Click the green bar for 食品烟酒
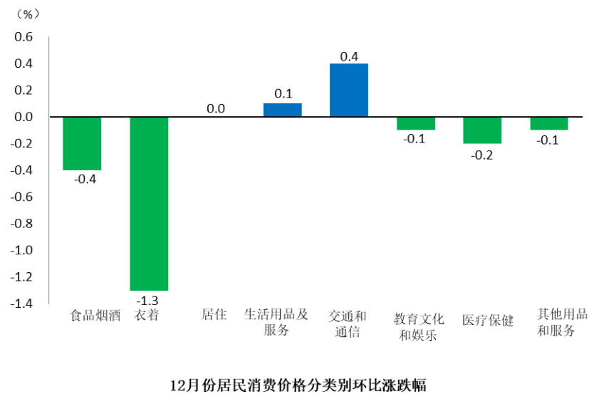coord(82,143)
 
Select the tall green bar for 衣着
coord(149,203)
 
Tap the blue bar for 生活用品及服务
coord(283,110)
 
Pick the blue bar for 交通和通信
coord(349,90)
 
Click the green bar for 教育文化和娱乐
coord(416,123)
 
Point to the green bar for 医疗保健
coord(482,130)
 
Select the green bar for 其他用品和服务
coord(549,123)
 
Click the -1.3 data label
coord(148,299)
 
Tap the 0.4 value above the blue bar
coord(349,56)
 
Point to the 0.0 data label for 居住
coord(216,109)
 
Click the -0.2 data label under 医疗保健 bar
coord(482,154)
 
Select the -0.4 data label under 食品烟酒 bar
coord(84,179)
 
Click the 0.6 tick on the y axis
coord(24,37)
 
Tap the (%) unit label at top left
coord(28,14)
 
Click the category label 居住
coord(214,314)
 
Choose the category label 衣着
coord(146,315)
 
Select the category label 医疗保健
coord(488,320)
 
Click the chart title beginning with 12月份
coord(298,386)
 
